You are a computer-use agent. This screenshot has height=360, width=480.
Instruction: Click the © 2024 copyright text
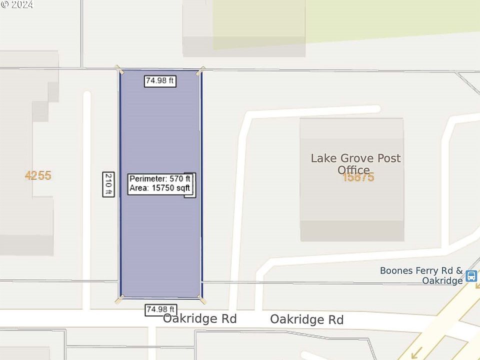pyautogui.click(x=17, y=4)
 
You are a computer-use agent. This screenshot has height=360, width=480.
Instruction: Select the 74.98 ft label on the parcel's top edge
pyautogui.click(x=160, y=80)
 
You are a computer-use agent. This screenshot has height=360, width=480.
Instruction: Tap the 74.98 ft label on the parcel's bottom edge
pyautogui.click(x=160, y=310)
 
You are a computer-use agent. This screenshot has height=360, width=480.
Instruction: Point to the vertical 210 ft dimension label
pyautogui.click(x=108, y=184)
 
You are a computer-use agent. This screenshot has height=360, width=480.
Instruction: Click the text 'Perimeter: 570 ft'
pyautogui.click(x=159, y=179)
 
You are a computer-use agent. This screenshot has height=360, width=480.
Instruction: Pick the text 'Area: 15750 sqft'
pyautogui.click(x=159, y=188)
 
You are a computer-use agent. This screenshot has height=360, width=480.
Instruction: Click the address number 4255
pyautogui.click(x=38, y=175)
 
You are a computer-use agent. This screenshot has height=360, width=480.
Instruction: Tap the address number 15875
pyautogui.click(x=358, y=177)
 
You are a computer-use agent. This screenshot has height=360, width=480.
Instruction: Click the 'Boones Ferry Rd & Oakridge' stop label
pyautogui.click(x=421, y=275)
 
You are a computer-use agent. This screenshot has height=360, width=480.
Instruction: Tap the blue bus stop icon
pyautogui.click(x=471, y=276)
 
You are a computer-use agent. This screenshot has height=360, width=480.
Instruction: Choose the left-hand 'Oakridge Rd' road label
pyautogui.click(x=199, y=318)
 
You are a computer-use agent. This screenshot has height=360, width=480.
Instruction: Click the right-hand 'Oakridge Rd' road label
pyautogui.click(x=307, y=319)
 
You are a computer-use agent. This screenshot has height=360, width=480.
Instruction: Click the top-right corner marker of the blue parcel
pyautogui.click(x=200, y=70)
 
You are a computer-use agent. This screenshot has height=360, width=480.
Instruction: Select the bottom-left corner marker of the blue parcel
pyautogui.click(x=119, y=299)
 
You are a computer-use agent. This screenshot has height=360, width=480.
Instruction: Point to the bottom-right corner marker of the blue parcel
pyautogui.click(x=201, y=299)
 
